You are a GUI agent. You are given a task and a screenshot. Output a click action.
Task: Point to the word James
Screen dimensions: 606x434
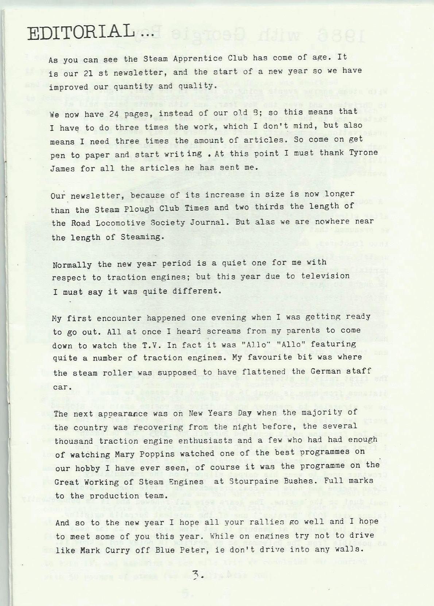(61, 168)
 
